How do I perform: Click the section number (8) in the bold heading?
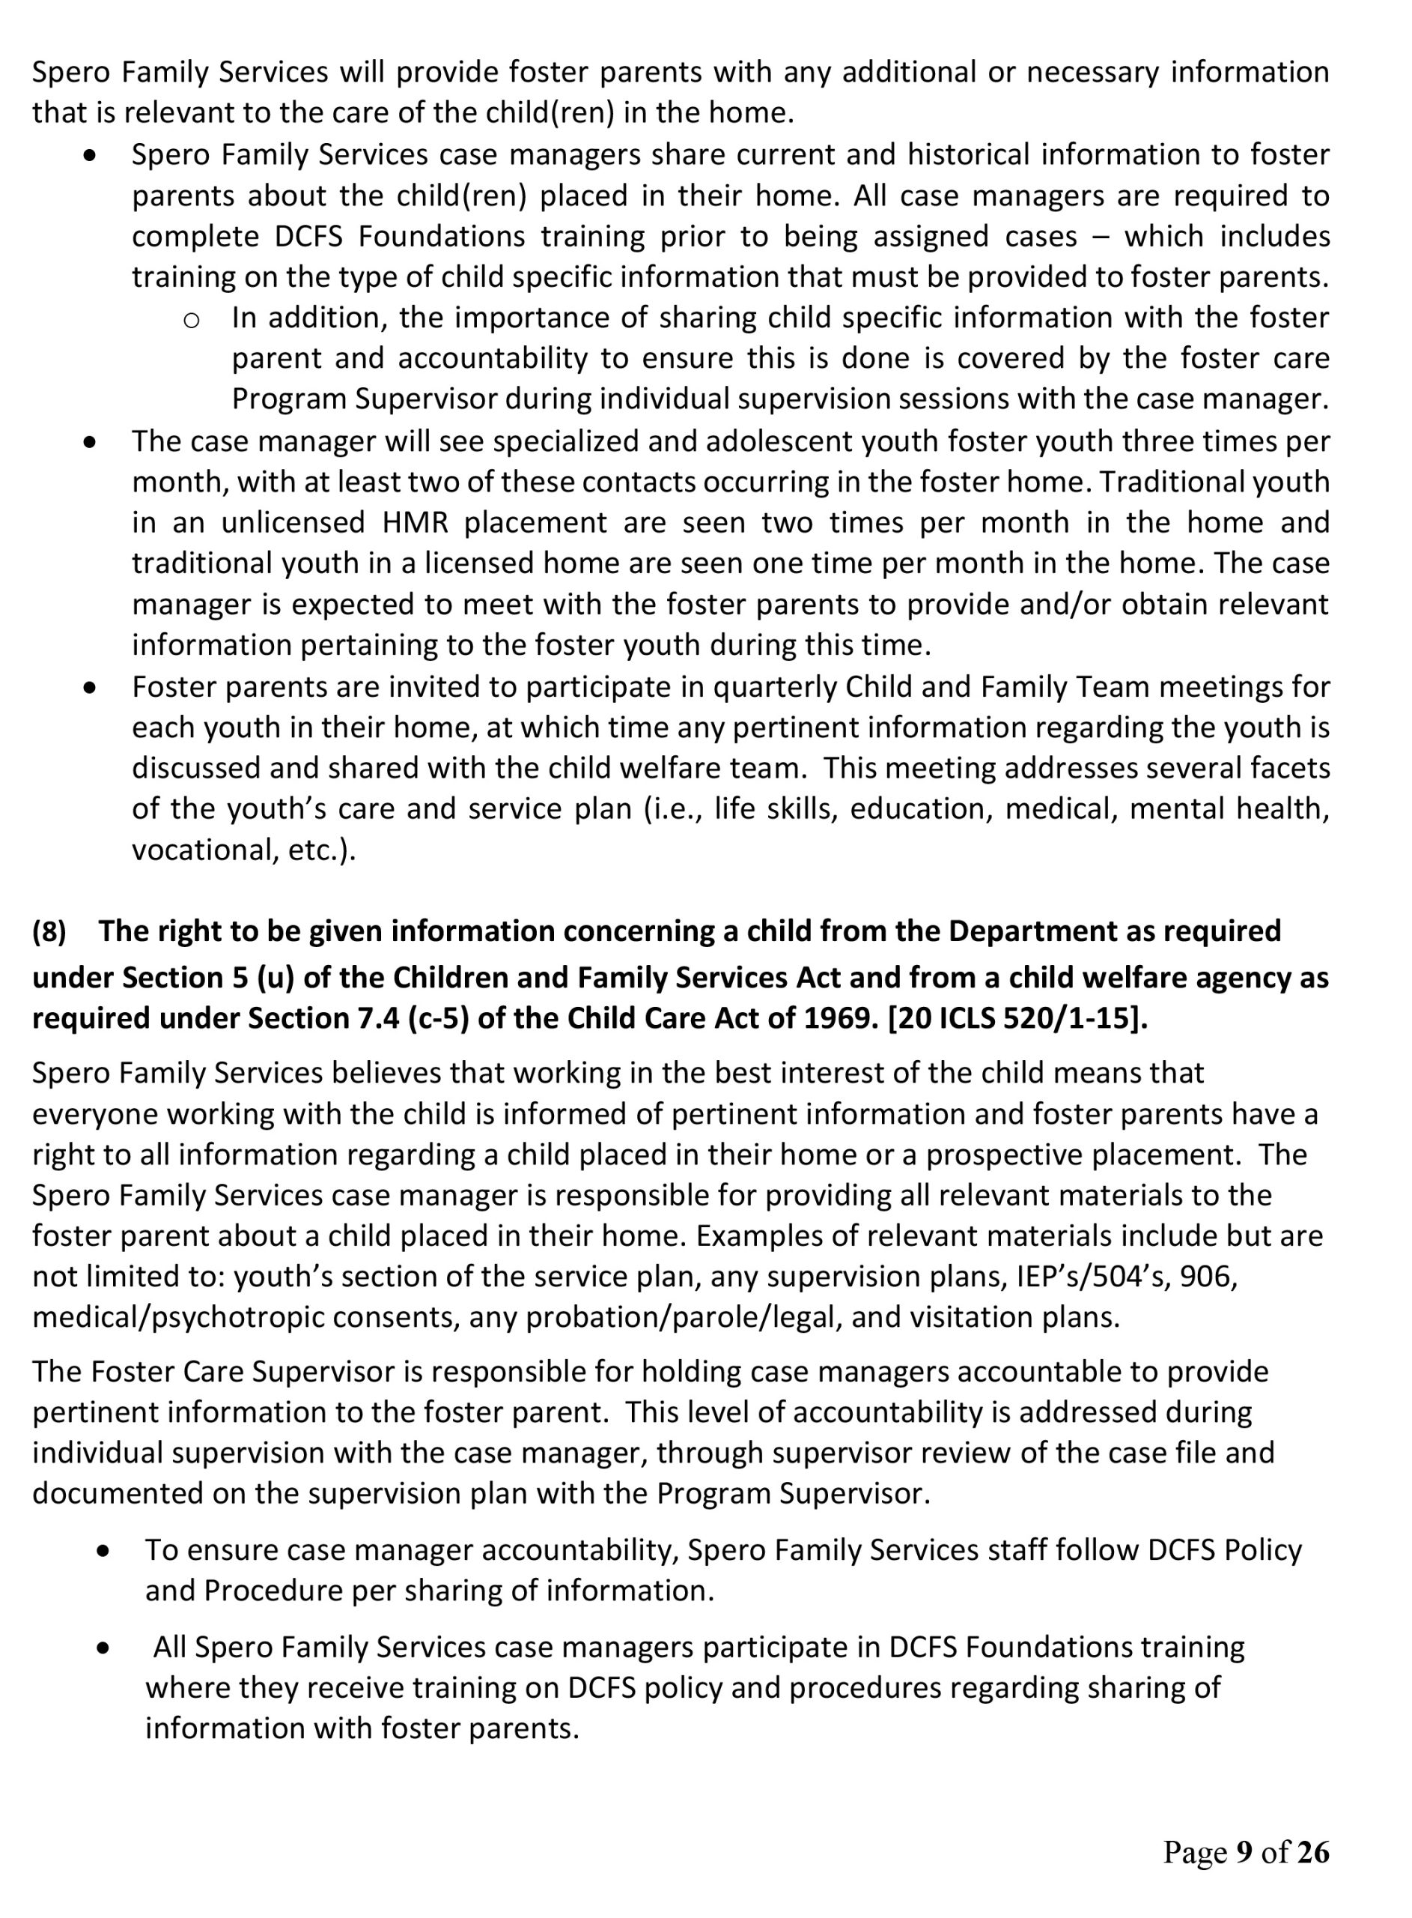point(49,931)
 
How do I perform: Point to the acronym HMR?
point(414,522)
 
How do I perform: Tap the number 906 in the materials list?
point(1207,1277)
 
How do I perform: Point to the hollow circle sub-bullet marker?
point(192,320)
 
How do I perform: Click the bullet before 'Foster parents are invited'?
point(90,688)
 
